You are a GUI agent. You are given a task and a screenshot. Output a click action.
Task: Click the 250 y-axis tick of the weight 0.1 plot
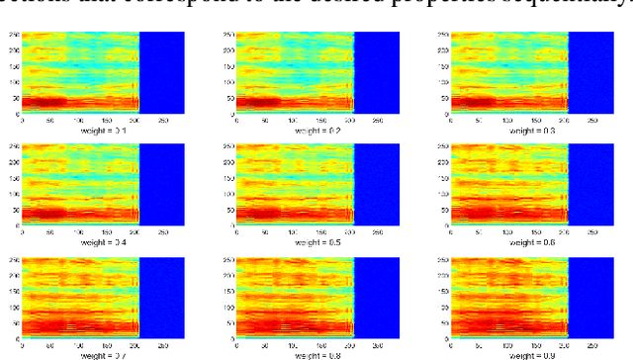click(x=13, y=35)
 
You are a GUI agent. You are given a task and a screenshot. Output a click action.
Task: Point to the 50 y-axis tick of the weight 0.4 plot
click(x=14, y=212)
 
